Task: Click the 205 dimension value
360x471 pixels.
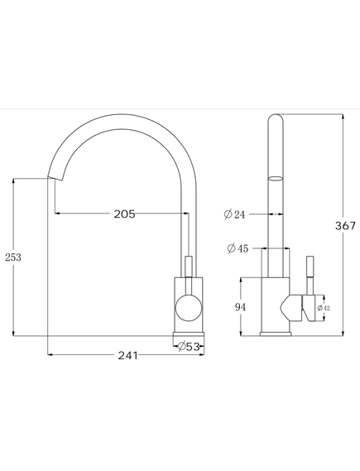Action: point(124,214)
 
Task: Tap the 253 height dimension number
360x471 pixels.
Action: point(13,257)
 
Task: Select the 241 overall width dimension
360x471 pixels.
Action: point(128,355)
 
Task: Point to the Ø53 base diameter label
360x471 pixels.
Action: point(189,347)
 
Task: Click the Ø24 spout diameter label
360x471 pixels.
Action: point(234,214)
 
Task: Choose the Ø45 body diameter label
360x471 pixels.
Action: point(238,248)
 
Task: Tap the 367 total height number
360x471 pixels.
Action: point(345,226)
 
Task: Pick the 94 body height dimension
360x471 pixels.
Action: point(240,307)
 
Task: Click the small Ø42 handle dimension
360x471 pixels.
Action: point(324,308)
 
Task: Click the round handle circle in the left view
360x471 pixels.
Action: point(189,308)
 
